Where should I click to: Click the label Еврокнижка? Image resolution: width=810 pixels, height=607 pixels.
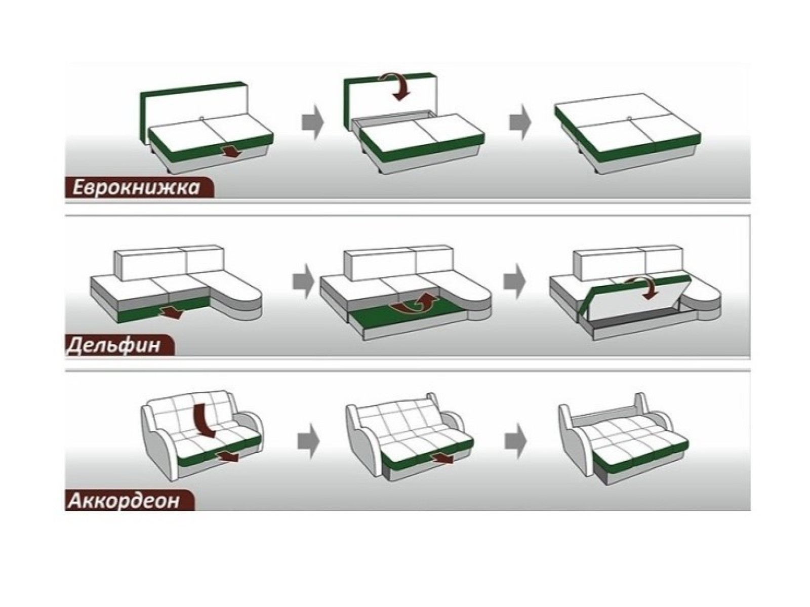(x=135, y=188)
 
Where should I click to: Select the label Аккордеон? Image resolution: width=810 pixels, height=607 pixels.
(x=124, y=501)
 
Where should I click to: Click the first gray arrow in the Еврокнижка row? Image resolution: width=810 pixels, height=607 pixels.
(x=312, y=122)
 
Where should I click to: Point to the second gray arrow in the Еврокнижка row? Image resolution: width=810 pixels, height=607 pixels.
(x=520, y=122)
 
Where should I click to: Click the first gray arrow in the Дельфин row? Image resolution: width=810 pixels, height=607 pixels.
(x=303, y=281)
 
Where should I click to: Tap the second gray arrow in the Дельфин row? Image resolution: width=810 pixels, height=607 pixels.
(x=514, y=281)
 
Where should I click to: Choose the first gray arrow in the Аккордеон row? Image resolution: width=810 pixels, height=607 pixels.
(x=308, y=441)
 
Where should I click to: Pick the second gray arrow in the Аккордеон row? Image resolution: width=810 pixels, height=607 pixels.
(x=516, y=441)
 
